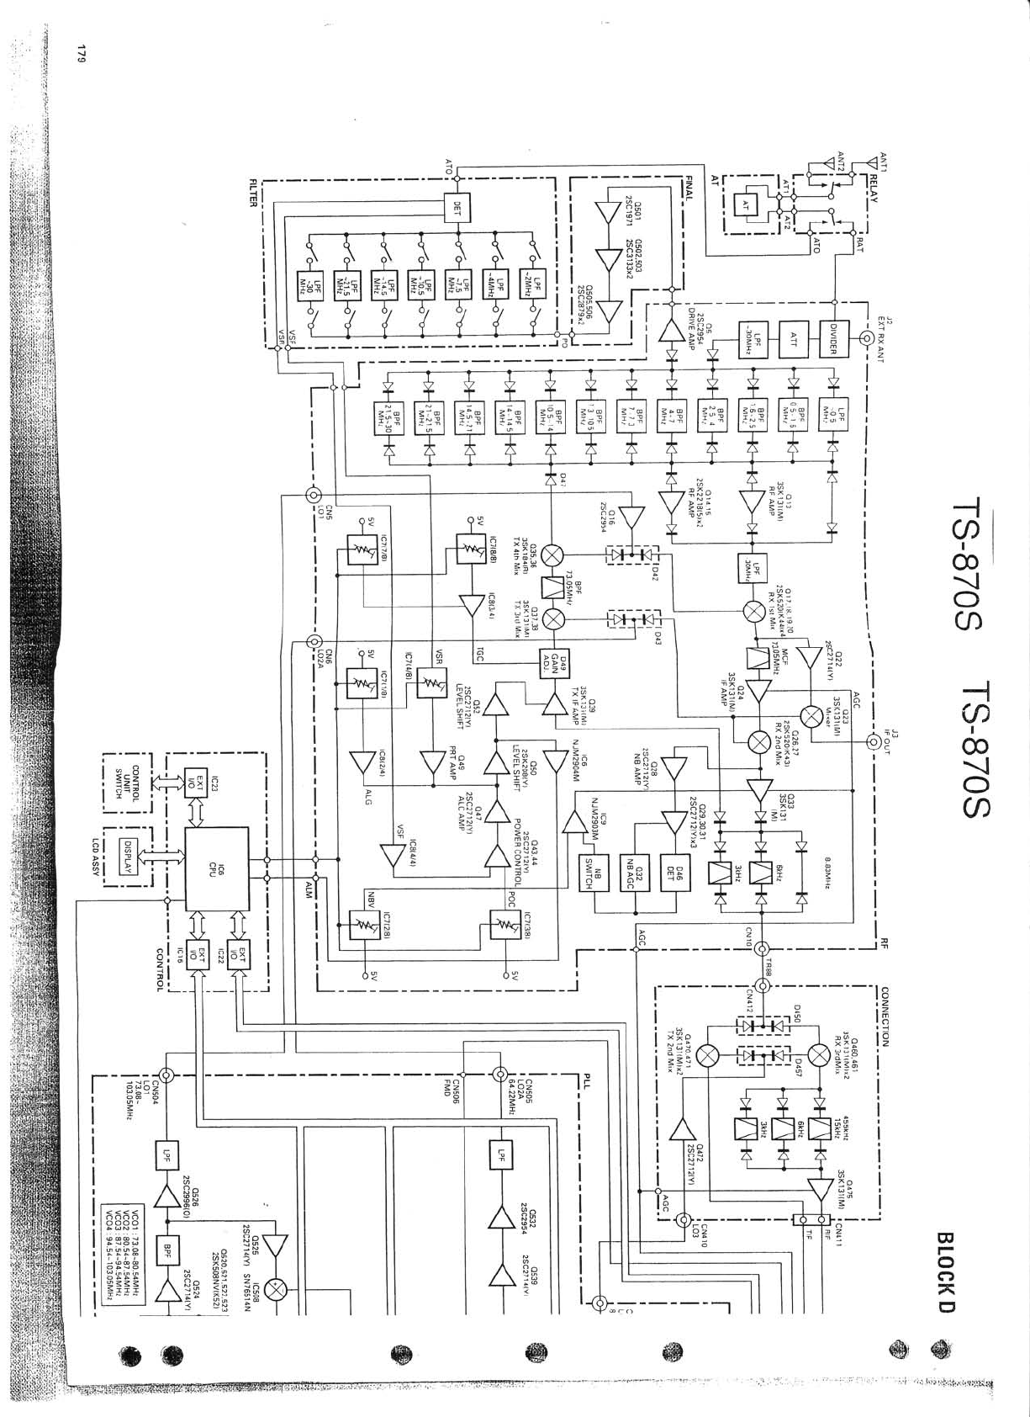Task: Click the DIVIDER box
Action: coord(834,339)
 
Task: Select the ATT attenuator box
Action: coord(792,339)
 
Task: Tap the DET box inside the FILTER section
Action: coord(457,208)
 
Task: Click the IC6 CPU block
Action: coord(216,868)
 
